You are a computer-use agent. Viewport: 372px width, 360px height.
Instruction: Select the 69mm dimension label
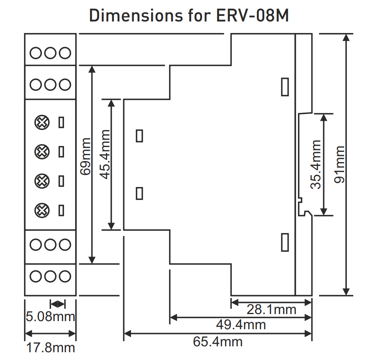click(x=86, y=156)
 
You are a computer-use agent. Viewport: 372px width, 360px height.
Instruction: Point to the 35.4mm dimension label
click(x=316, y=164)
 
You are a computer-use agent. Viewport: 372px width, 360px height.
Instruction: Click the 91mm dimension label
click(x=339, y=164)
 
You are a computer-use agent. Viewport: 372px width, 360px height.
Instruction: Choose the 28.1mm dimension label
click(x=271, y=310)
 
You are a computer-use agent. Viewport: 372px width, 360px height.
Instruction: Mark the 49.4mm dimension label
click(x=241, y=325)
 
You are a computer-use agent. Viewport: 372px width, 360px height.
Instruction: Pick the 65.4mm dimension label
click(x=218, y=341)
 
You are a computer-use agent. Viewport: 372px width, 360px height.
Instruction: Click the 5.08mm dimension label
click(x=50, y=317)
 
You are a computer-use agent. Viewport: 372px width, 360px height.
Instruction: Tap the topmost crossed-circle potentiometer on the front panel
click(x=41, y=122)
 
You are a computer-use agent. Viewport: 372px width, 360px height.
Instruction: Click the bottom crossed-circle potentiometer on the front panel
click(x=41, y=211)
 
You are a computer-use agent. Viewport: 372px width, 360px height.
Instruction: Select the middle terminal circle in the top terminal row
click(x=50, y=53)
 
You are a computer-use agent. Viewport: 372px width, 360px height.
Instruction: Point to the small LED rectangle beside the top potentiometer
click(x=61, y=122)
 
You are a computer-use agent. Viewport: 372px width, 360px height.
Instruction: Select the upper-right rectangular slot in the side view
click(x=285, y=87)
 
